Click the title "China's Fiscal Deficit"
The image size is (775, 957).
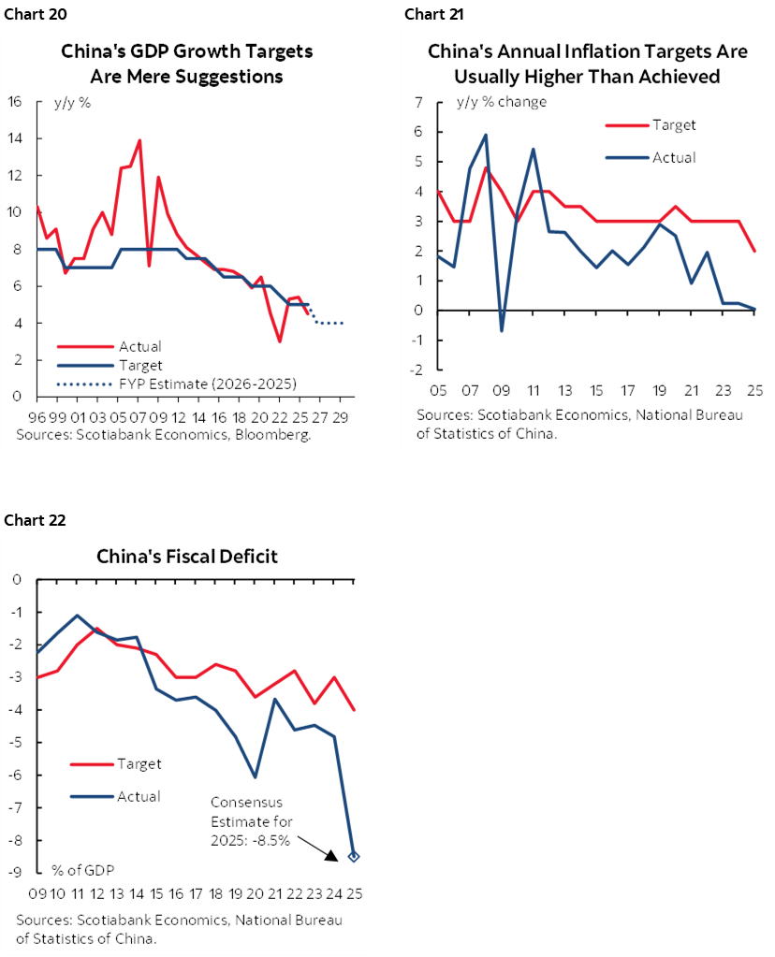pyautogui.click(x=187, y=557)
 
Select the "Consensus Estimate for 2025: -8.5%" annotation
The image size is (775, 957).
pyautogui.click(x=251, y=820)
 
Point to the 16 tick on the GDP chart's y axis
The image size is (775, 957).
pyautogui.click(x=15, y=102)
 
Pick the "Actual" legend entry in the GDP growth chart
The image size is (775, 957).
pyautogui.click(x=140, y=347)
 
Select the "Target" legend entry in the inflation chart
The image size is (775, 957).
pyautogui.click(x=674, y=125)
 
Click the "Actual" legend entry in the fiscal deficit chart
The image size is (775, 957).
pyautogui.click(x=139, y=796)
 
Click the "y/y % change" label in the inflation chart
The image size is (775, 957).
pyautogui.click(x=502, y=101)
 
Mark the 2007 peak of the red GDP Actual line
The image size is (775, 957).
pyautogui.click(x=139, y=141)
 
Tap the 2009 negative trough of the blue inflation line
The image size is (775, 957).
pyautogui.click(x=502, y=330)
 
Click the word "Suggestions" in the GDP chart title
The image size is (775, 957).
pyautogui.click(x=231, y=77)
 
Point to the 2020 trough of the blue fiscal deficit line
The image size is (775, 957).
pyautogui.click(x=255, y=776)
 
